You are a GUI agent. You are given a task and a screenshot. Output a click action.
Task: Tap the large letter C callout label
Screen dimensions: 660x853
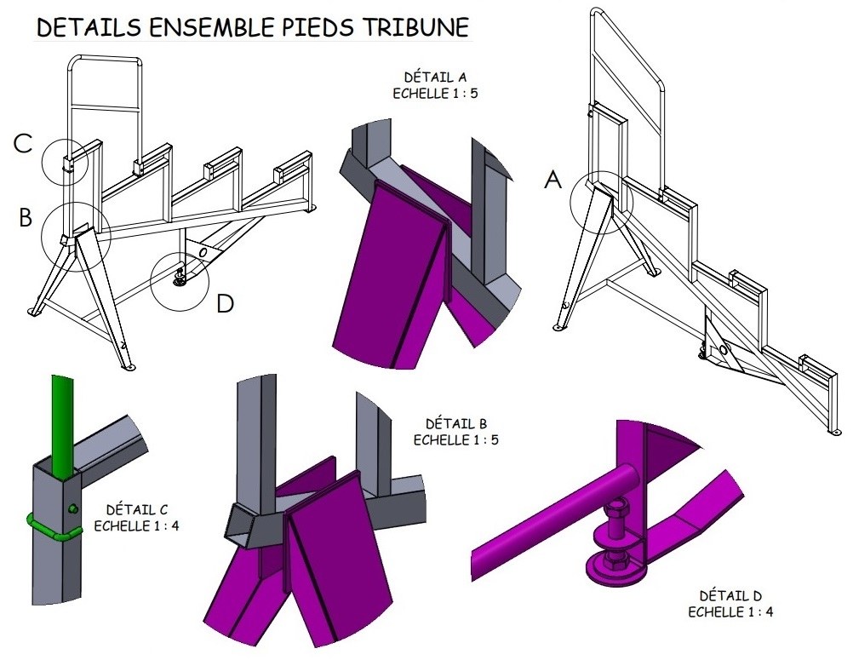23,144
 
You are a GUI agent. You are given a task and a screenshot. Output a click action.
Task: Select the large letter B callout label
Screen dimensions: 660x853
26,218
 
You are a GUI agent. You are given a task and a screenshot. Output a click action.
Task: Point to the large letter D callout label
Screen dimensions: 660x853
225,303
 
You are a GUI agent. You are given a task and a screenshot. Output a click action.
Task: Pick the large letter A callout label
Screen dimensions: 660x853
553,180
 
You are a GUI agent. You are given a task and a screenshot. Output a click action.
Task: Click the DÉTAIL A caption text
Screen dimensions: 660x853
424,78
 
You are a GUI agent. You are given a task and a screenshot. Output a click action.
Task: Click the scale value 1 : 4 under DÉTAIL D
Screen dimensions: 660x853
756,611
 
